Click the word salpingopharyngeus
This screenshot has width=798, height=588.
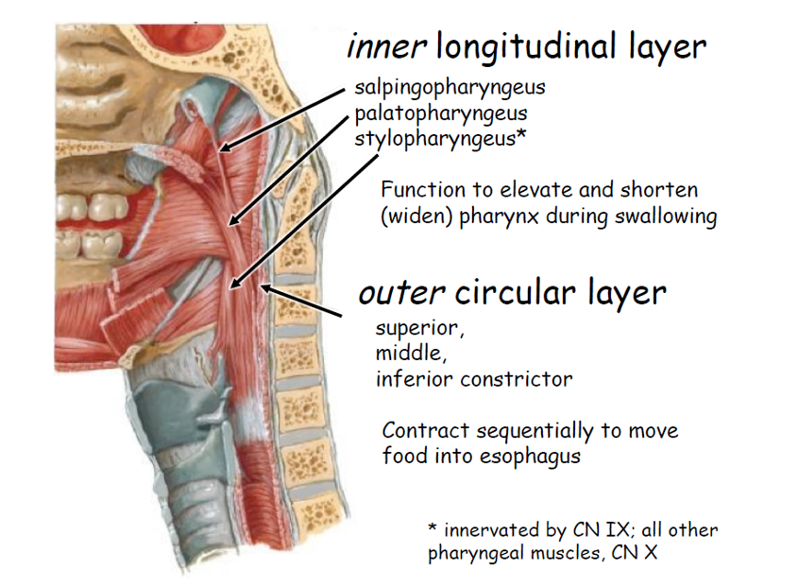[450, 89]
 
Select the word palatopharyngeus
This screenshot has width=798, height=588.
[441, 114]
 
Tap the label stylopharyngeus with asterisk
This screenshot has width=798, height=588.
[440, 139]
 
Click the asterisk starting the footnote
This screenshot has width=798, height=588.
[433, 527]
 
